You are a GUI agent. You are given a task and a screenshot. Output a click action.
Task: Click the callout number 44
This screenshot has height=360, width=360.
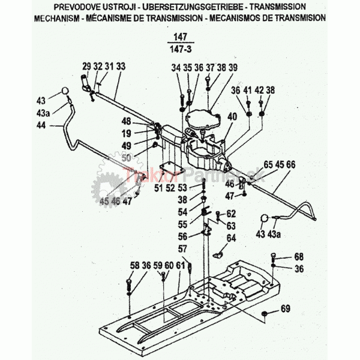(x=41, y=125)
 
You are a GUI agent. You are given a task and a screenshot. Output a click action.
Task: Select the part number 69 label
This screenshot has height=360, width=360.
(x=285, y=310)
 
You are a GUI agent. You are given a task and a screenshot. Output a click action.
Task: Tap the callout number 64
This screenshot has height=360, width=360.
(x=231, y=238)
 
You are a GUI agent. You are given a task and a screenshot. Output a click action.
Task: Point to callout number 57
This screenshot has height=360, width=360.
(x=182, y=248)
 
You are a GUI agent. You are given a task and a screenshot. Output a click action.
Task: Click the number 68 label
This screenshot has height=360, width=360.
(x=299, y=257)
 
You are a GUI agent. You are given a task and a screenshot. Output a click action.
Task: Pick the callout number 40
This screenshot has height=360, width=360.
(x=231, y=116)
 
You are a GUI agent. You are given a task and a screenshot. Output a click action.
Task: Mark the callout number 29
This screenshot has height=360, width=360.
(x=86, y=65)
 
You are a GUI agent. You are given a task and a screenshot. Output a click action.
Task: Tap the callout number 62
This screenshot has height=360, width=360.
(x=231, y=213)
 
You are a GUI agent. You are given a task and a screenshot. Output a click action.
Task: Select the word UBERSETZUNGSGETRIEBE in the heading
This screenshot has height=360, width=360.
(x=197, y=6)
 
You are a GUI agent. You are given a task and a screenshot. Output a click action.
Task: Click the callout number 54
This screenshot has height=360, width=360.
(x=182, y=212)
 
